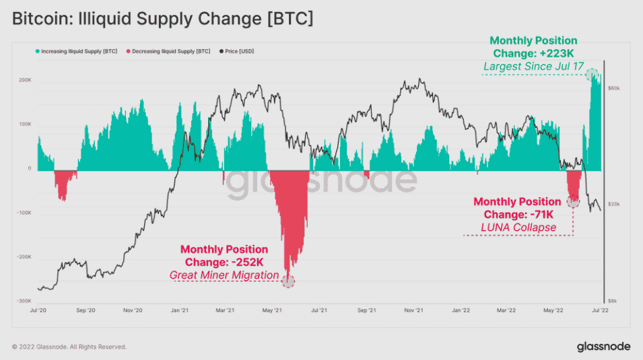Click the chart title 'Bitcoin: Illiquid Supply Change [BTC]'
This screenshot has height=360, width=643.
pyautogui.click(x=162, y=20)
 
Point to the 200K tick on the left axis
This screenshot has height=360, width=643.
pyautogui.click(x=24, y=80)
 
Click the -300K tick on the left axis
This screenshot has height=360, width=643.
pyautogui.click(x=24, y=301)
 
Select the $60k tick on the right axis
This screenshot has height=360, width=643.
pyautogui.click(x=614, y=88)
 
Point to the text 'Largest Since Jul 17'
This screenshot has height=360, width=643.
pyautogui.click(x=533, y=67)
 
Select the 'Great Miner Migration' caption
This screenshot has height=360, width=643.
pyautogui.click(x=224, y=275)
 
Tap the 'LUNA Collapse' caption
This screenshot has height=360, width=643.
pyautogui.click(x=518, y=227)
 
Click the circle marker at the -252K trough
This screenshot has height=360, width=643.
pyautogui.click(x=288, y=281)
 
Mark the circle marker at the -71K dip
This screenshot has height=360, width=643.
pyautogui.click(x=573, y=200)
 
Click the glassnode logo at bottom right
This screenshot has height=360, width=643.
pyautogui.click(x=603, y=347)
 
